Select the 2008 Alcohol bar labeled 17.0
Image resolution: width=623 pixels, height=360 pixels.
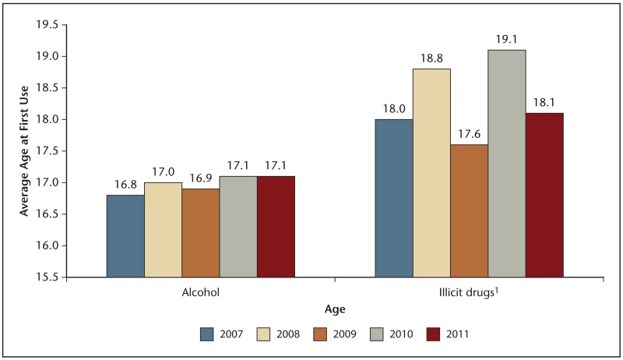(163, 230)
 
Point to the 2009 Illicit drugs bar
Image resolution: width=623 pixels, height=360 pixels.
(469, 210)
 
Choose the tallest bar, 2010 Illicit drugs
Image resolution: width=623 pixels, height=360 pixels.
(507, 164)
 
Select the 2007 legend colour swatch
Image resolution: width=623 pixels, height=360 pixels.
(207, 334)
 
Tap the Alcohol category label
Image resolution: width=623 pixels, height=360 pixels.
(200, 294)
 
